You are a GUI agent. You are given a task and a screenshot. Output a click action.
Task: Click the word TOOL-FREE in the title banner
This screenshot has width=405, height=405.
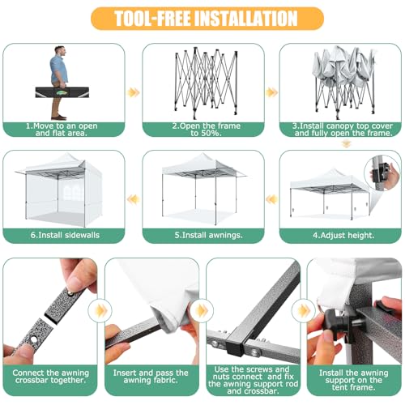(153, 19)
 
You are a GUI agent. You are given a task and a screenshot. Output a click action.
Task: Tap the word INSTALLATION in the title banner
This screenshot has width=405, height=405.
(246, 19)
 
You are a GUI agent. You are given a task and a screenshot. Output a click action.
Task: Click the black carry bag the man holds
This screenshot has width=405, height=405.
(62, 92)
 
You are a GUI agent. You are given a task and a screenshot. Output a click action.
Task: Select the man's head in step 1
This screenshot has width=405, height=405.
(60, 51)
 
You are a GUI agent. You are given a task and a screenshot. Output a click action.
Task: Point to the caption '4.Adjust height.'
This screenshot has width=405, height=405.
(343, 235)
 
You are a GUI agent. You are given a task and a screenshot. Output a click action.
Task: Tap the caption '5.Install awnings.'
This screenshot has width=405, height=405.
(208, 235)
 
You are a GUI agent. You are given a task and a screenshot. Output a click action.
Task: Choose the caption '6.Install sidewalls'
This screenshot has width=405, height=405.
(65, 235)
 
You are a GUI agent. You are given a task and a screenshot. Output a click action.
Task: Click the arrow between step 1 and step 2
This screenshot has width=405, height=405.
(134, 92)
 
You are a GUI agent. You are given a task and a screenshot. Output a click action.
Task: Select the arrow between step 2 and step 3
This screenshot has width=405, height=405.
(271, 92)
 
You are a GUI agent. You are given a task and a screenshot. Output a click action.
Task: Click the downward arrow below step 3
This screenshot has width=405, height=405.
(345, 143)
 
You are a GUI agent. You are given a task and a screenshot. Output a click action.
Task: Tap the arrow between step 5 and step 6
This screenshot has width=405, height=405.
(134, 200)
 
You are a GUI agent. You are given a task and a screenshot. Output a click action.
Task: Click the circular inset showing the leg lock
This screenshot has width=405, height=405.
(382, 173)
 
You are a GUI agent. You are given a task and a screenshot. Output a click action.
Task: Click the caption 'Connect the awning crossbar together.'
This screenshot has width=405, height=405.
(51, 377)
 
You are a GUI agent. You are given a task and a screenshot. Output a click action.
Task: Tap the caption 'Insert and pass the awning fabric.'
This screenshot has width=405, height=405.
(151, 377)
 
